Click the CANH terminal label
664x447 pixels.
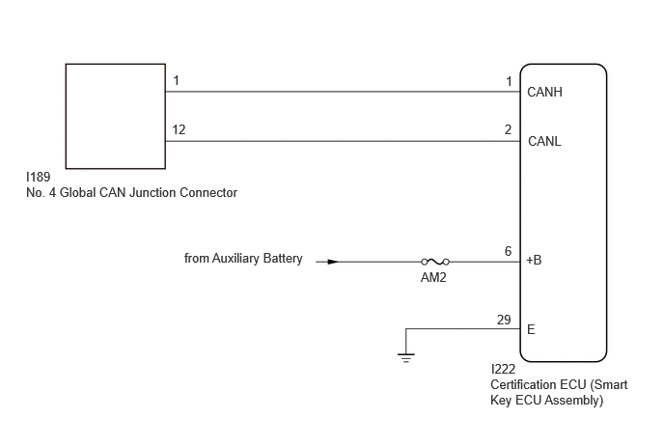pyautogui.click(x=544, y=92)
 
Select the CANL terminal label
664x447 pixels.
pyautogui.click(x=544, y=141)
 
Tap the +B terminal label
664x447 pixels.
pyautogui.click(x=534, y=260)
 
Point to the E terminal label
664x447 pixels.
pyautogui.click(x=531, y=329)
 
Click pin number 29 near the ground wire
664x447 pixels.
pyautogui.click(x=504, y=320)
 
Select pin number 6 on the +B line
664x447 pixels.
pyautogui.click(x=509, y=251)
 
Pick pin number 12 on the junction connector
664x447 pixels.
pyautogui.click(x=179, y=129)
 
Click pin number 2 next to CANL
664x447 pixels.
pyautogui.click(x=509, y=129)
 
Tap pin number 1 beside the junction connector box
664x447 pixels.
pyautogui.click(x=177, y=80)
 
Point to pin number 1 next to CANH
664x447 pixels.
pyautogui.click(x=509, y=81)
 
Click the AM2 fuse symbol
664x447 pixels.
pyautogui.click(x=435, y=262)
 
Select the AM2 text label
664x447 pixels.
pyautogui.click(x=433, y=277)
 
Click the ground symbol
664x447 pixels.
pyautogui.click(x=406, y=357)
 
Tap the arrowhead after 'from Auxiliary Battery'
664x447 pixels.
pyautogui.click(x=333, y=262)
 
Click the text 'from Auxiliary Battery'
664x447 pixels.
pyautogui.click(x=243, y=258)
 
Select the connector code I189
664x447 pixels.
pyautogui.click(x=38, y=177)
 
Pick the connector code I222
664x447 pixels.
pyautogui.click(x=503, y=369)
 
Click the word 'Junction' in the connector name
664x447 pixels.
pyautogui.click(x=152, y=193)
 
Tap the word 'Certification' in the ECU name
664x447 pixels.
pyautogui.click(x=523, y=384)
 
